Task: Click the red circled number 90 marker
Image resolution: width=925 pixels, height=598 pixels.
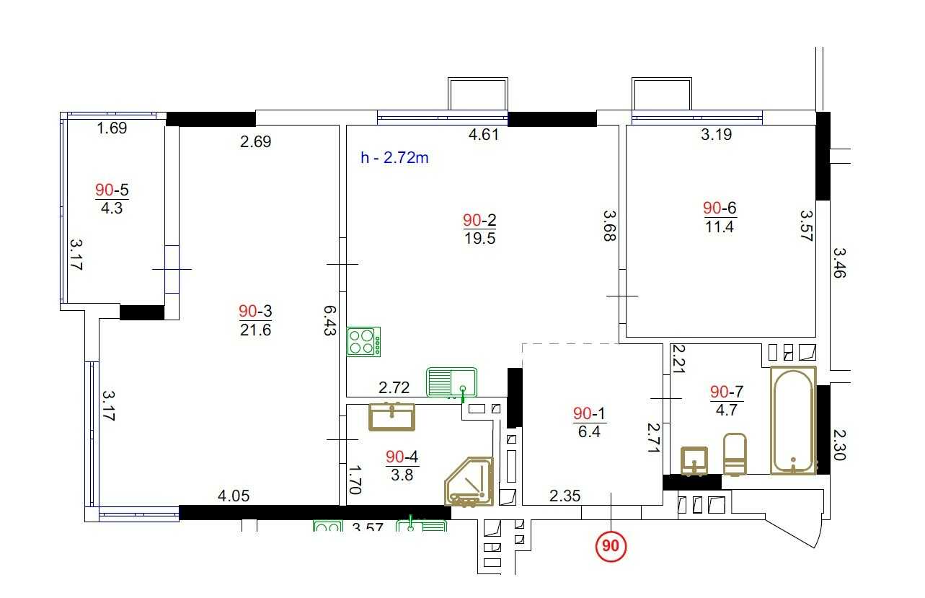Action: click(611, 546)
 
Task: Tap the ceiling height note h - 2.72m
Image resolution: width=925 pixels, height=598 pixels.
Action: click(394, 157)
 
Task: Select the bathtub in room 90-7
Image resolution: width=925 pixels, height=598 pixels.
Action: click(793, 421)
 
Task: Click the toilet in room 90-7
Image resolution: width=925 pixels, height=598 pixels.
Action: click(735, 454)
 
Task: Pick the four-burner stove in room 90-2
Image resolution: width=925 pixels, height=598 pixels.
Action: click(363, 342)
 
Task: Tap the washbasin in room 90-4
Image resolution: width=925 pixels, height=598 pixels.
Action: click(391, 416)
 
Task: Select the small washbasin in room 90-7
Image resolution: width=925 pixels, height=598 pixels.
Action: click(694, 461)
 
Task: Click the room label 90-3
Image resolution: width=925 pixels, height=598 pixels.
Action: click(255, 311)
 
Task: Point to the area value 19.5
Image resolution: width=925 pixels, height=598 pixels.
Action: click(480, 239)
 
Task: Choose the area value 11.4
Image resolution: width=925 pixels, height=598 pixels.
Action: click(720, 227)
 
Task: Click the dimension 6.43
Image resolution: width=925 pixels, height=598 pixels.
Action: click(330, 320)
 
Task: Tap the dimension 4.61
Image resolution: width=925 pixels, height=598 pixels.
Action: click(484, 134)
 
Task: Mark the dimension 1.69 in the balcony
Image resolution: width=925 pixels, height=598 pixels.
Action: click(112, 128)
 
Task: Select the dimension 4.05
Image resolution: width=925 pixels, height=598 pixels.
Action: click(234, 496)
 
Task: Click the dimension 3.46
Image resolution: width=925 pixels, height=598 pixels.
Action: click(839, 263)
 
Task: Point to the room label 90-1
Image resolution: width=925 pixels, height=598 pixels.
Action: click(589, 413)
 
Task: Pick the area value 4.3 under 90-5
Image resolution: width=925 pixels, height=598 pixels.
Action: click(112, 208)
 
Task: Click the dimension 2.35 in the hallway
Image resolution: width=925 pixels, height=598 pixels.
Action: click(565, 496)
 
